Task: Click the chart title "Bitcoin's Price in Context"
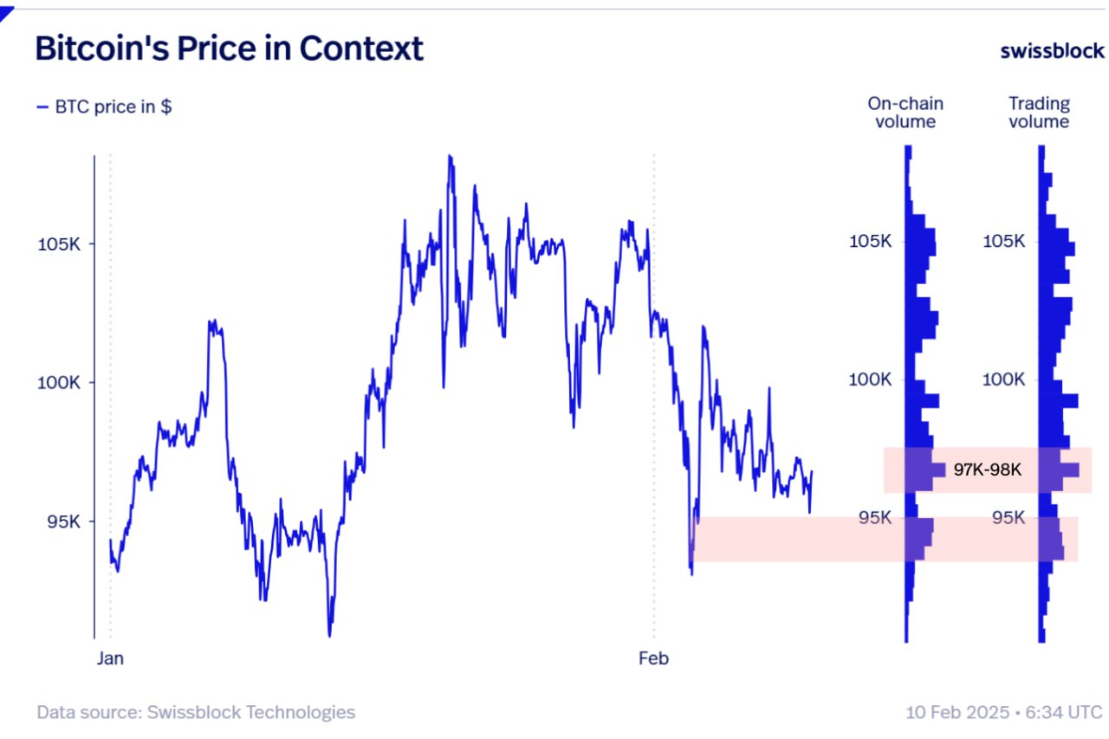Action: pyautogui.click(x=229, y=49)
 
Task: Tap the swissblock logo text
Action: pyautogui.click(x=1052, y=50)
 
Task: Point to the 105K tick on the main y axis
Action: pyautogui.click(x=59, y=244)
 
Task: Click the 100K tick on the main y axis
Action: pyautogui.click(x=59, y=383)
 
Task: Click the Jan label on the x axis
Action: pyautogui.click(x=110, y=658)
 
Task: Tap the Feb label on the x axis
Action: pyautogui.click(x=653, y=658)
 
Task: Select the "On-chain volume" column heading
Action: pyautogui.click(x=905, y=113)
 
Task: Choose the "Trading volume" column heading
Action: pyautogui.click(x=1039, y=113)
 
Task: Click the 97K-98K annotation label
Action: pyautogui.click(x=988, y=470)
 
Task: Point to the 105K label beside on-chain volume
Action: pyautogui.click(x=870, y=241)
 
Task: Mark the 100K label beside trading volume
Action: pyautogui.click(x=1003, y=379)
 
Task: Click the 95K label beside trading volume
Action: pyautogui.click(x=1008, y=518)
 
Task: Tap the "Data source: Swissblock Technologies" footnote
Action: pyautogui.click(x=196, y=712)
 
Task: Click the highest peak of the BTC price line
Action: pyautogui.click(x=450, y=157)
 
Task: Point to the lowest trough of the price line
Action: pyautogui.click(x=329, y=635)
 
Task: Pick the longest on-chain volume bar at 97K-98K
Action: pyautogui.click(x=927, y=470)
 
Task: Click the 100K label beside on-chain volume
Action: pyautogui.click(x=870, y=379)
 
